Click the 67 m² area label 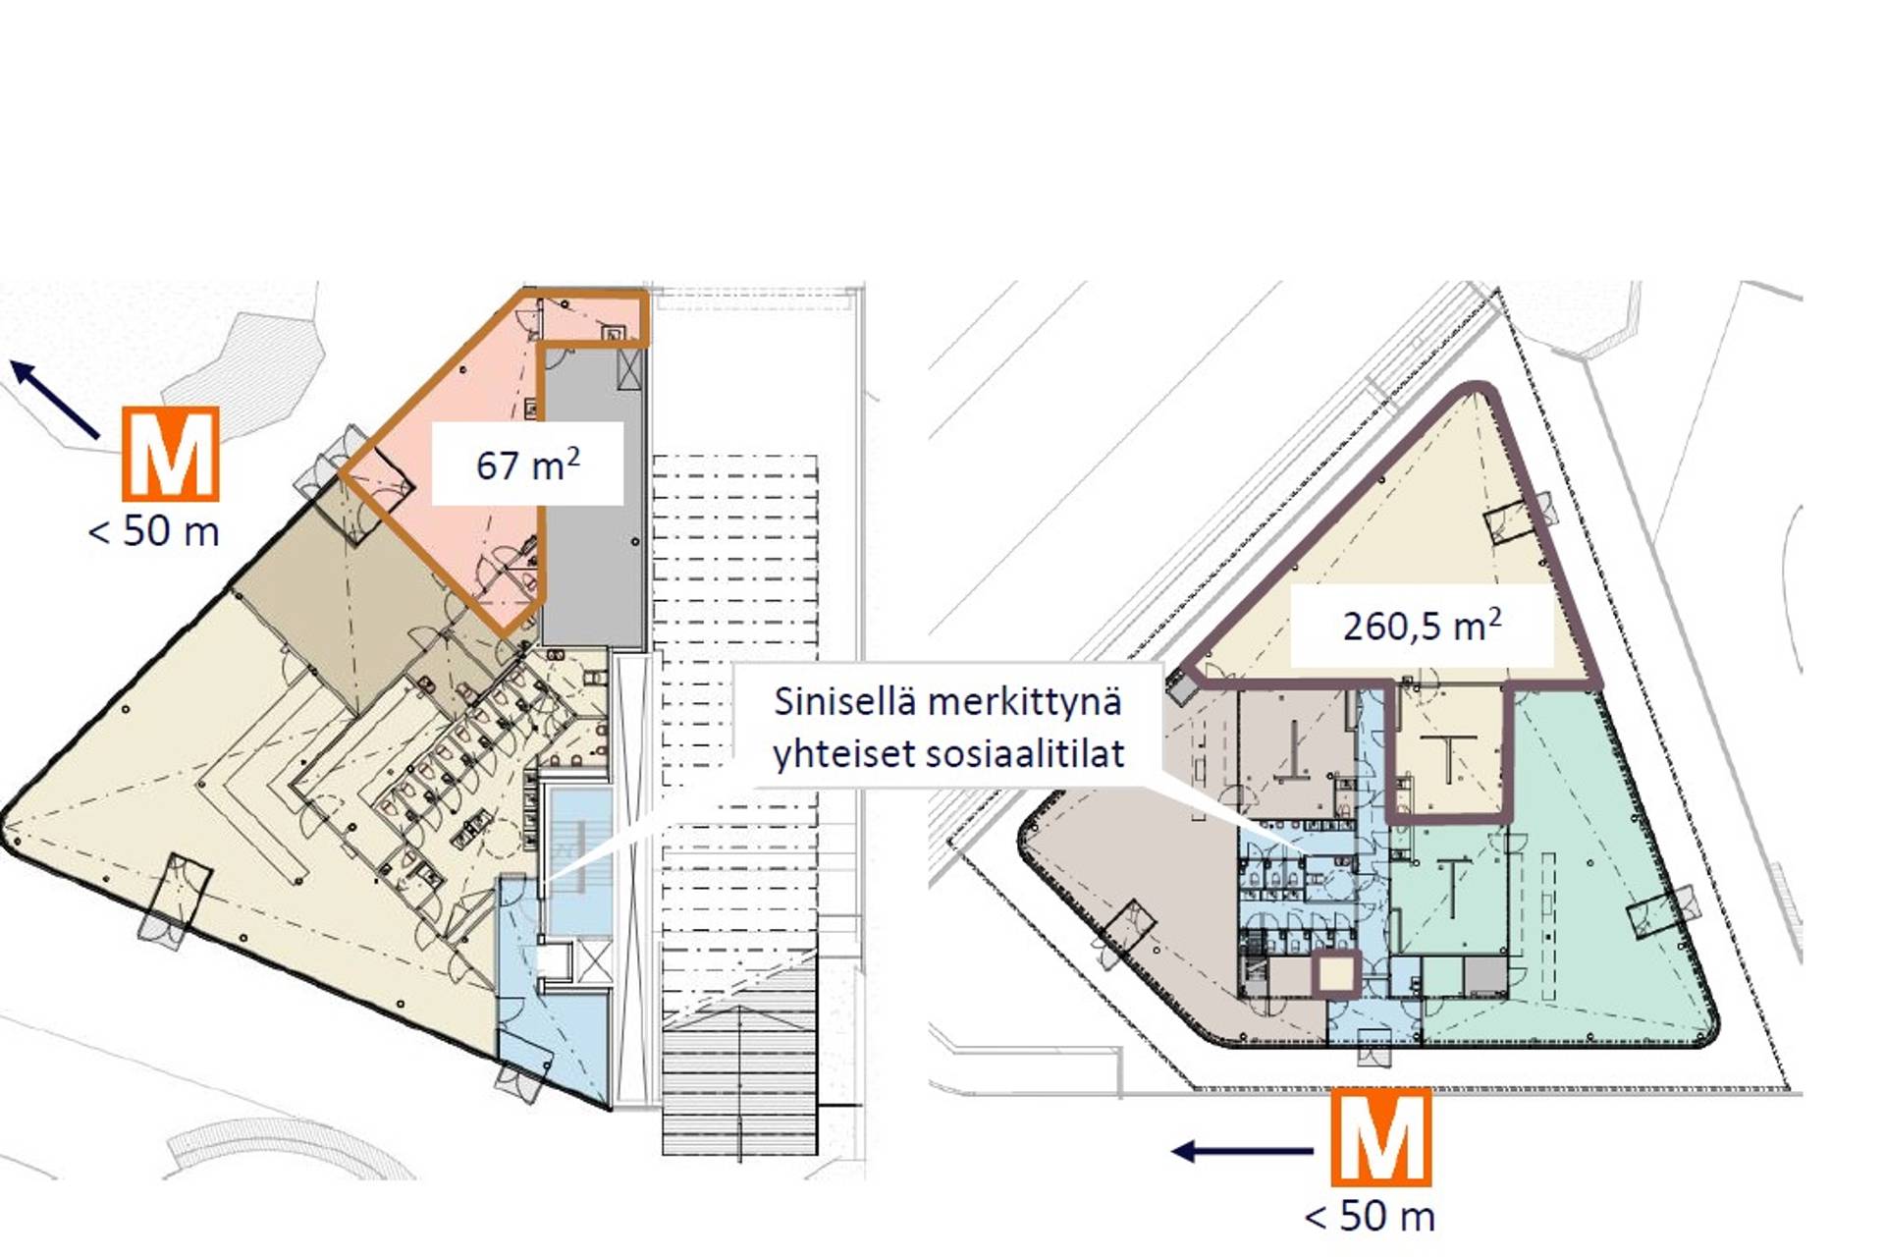click(x=527, y=464)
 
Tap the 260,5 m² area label click(x=1422, y=626)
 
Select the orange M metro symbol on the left click(x=170, y=455)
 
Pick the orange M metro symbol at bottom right click(x=1380, y=1137)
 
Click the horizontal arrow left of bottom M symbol click(x=1242, y=1151)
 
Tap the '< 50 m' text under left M click(x=154, y=531)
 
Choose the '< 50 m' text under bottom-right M click(x=1370, y=1217)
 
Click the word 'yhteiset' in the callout click(x=842, y=755)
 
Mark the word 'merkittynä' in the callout click(x=1024, y=702)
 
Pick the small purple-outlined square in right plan click(x=1336, y=974)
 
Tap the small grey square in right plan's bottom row click(x=1485, y=975)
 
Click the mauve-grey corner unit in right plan click(x=1129, y=923)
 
